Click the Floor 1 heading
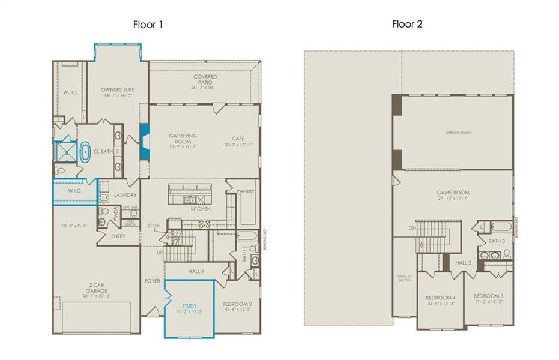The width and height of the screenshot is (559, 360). (147, 25)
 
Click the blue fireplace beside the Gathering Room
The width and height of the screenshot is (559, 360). (145, 142)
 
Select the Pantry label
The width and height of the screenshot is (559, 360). (246, 191)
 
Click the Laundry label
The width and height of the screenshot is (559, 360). (125, 195)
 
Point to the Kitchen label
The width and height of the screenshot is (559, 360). (201, 209)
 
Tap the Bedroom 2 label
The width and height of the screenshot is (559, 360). (237, 306)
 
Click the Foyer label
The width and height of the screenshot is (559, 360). (152, 280)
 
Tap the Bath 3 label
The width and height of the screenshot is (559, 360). (497, 241)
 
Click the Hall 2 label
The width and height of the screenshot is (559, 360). (462, 263)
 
